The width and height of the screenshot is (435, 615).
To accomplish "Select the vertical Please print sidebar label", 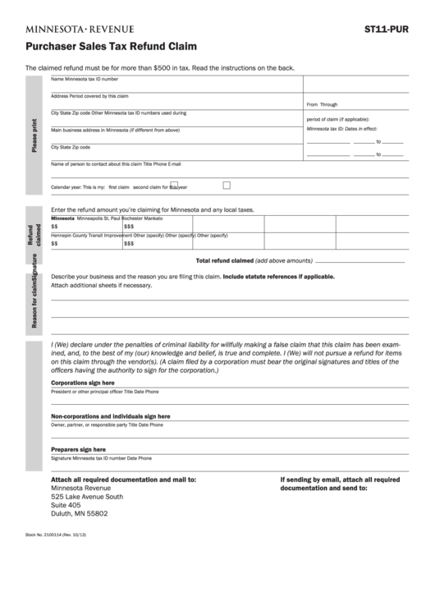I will point(34,136).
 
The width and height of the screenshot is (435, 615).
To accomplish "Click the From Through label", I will point(322,104).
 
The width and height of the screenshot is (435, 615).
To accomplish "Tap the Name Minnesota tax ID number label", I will point(85,80).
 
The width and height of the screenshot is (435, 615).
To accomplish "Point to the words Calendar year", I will point(66,187).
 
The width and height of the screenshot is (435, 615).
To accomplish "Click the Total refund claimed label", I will point(224,259).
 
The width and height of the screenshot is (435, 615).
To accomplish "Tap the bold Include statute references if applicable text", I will point(278,277).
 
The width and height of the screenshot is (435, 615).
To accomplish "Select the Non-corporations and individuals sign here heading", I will point(111,416).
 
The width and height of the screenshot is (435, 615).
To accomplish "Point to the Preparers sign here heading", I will point(78,450).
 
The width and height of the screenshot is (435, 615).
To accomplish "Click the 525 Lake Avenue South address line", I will point(87,497).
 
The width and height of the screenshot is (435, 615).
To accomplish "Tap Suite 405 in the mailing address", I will point(66,505).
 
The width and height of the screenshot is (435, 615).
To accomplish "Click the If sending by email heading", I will point(340,480).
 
